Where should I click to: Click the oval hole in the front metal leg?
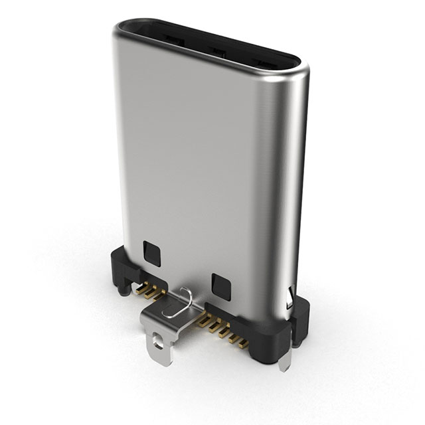click(157, 343)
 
